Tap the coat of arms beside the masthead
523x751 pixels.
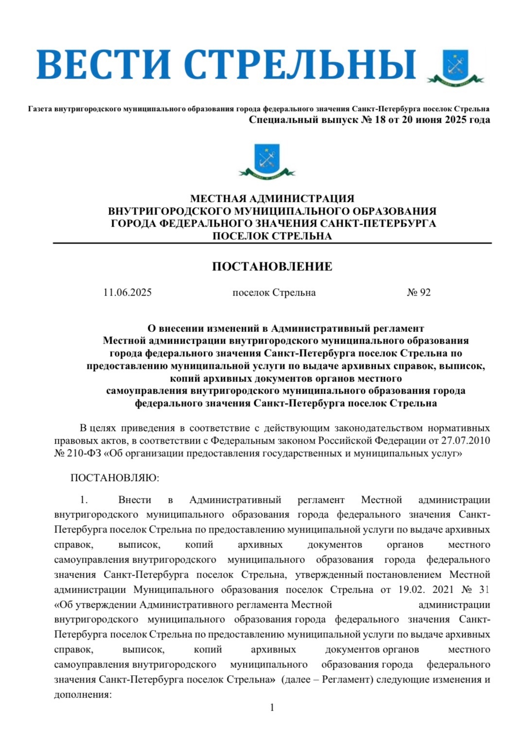tap(455, 68)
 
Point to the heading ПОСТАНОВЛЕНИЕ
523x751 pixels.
tap(272, 267)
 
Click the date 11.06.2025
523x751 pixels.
tap(127, 292)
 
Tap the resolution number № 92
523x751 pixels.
tap(418, 292)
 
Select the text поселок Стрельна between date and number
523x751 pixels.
tap(274, 292)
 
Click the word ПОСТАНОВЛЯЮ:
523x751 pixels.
tap(115, 478)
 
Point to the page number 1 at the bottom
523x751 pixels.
tap(272, 707)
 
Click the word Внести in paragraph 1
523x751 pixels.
tap(134, 500)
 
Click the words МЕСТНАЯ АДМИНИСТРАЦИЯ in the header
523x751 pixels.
tap(272, 199)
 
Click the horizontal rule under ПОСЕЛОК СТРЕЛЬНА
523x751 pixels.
tap(272, 243)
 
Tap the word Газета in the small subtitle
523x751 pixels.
tap(40, 109)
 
